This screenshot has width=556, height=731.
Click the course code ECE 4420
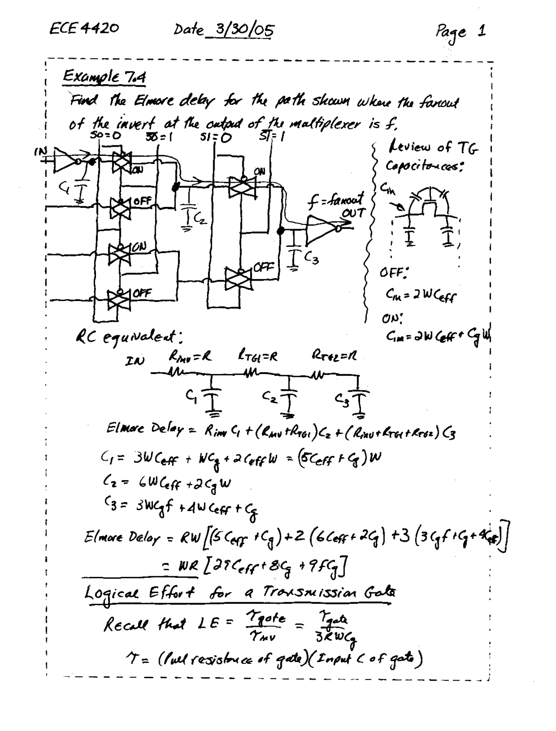pyautogui.click(x=84, y=29)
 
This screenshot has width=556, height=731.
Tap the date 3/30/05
pyautogui.click(x=241, y=31)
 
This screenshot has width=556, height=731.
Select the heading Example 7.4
pyautogui.click(x=104, y=78)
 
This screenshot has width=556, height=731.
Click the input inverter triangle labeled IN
pyautogui.click(x=65, y=158)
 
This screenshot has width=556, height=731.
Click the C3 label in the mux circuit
pyautogui.click(x=311, y=259)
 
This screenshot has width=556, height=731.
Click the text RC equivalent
pyautogui.click(x=126, y=336)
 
